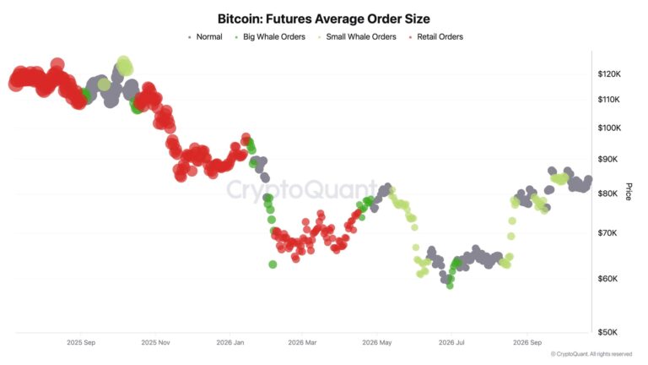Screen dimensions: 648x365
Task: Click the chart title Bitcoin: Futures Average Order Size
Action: [x=324, y=19]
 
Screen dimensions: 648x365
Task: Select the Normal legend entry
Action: [x=205, y=37]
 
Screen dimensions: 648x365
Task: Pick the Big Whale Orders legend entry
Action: [x=270, y=37]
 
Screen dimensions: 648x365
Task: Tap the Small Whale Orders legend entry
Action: [x=357, y=37]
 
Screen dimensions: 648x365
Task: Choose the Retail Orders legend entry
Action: [x=436, y=37]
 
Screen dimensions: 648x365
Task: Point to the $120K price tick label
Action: [x=609, y=74]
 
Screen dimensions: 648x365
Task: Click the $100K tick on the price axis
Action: [x=609, y=128]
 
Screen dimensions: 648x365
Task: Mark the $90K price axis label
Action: [x=607, y=160]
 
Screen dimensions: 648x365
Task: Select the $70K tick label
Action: [x=607, y=233]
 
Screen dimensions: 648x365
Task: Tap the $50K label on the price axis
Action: [x=607, y=332]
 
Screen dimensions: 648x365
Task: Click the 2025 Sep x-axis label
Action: [x=81, y=343]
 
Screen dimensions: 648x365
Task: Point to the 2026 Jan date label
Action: [x=230, y=343]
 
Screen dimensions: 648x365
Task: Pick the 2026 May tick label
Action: [x=377, y=343]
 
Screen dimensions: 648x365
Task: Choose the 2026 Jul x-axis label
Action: [x=451, y=343]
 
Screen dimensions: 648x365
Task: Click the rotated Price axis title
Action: [x=629, y=192]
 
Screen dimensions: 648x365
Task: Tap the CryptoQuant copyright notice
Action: [x=591, y=354]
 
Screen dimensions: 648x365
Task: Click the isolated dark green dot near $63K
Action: [x=273, y=264]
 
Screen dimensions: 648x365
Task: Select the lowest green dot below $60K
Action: [x=450, y=286]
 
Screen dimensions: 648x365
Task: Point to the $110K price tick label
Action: [x=608, y=100]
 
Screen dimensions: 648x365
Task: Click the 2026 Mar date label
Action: [x=303, y=343]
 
